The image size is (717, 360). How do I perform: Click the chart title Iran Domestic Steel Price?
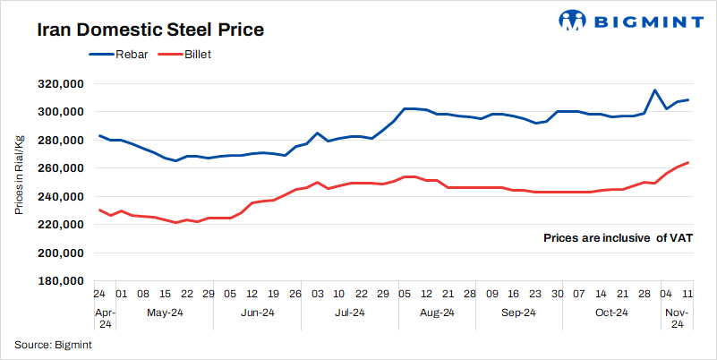click(150, 30)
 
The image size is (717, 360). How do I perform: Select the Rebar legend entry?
click(127, 55)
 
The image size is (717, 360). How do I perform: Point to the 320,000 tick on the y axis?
click(59, 84)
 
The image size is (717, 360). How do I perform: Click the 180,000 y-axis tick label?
click(59, 281)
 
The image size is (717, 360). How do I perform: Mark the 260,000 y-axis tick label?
click(59, 168)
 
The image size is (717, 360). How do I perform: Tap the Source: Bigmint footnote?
click(53, 344)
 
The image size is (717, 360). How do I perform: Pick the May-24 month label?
click(165, 313)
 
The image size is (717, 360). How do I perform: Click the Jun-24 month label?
click(257, 313)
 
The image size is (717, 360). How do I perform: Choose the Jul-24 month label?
click(349, 313)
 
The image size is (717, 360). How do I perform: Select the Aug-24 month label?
click(437, 313)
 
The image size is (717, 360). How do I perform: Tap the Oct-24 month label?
click(613, 313)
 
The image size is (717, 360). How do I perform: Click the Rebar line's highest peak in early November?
click(654, 90)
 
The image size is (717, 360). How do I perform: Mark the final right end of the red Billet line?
click(687, 162)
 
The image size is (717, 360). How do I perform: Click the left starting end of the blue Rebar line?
click(99, 135)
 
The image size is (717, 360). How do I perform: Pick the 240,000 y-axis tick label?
click(59, 197)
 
